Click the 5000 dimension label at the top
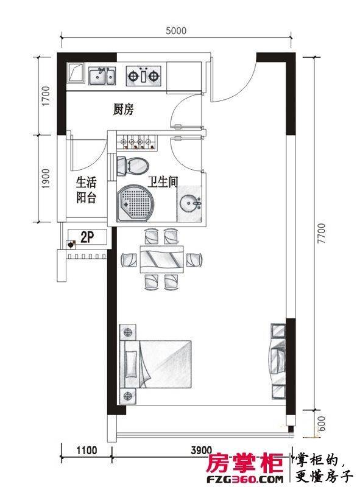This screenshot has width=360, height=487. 176,30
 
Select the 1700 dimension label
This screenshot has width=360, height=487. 46,96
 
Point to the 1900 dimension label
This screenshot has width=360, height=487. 46,179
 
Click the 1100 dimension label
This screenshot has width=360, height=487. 86,450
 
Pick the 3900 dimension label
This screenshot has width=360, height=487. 202,450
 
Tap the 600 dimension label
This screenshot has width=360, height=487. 322,424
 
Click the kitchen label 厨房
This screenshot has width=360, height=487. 123,110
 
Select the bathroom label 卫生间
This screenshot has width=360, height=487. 163,181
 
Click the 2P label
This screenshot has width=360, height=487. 87,237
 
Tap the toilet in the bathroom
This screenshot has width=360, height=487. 132,166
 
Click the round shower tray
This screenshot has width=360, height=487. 136,203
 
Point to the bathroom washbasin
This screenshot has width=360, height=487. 189,203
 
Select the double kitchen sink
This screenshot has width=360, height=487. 102,76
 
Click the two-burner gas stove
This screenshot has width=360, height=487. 144,75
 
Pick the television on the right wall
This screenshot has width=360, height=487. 278,362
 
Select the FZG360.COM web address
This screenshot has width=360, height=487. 245,479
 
